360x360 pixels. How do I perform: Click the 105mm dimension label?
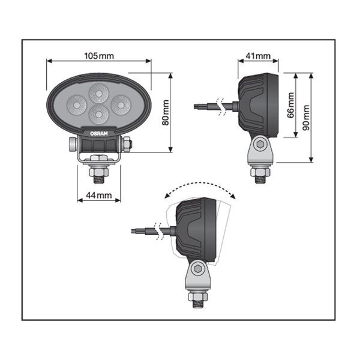click(x=99, y=56)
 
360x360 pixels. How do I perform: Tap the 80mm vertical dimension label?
click(x=166, y=112)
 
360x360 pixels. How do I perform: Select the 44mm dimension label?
click(x=99, y=195)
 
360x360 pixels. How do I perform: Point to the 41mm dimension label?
click(x=259, y=56)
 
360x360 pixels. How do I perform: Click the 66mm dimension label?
click(x=291, y=106)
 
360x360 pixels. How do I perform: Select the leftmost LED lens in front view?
click(x=76, y=103)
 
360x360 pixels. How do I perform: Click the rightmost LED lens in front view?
click(x=121, y=103)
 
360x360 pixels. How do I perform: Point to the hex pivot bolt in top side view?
click(x=260, y=144)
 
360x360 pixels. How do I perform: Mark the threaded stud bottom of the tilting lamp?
click(x=196, y=303)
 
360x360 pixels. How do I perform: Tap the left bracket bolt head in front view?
click(x=73, y=144)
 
